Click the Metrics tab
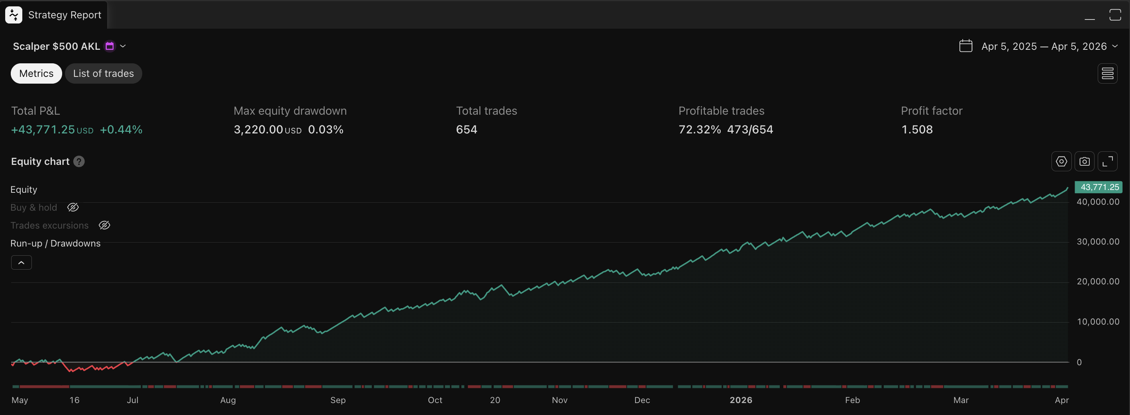click(36, 73)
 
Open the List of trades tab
click(103, 73)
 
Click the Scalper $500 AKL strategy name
click(56, 46)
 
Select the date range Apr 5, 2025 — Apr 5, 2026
click(1044, 46)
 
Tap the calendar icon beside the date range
click(965, 46)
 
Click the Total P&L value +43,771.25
click(43, 129)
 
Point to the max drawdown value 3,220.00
click(258, 129)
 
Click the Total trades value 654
click(466, 129)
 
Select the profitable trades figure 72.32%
click(699, 129)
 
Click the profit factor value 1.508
click(916, 129)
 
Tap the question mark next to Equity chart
click(79, 161)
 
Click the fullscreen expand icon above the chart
click(1107, 161)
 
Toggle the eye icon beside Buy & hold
click(73, 207)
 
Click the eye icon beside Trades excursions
click(104, 225)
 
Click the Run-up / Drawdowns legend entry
click(55, 243)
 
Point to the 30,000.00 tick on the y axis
click(1098, 241)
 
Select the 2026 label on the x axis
click(740, 399)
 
